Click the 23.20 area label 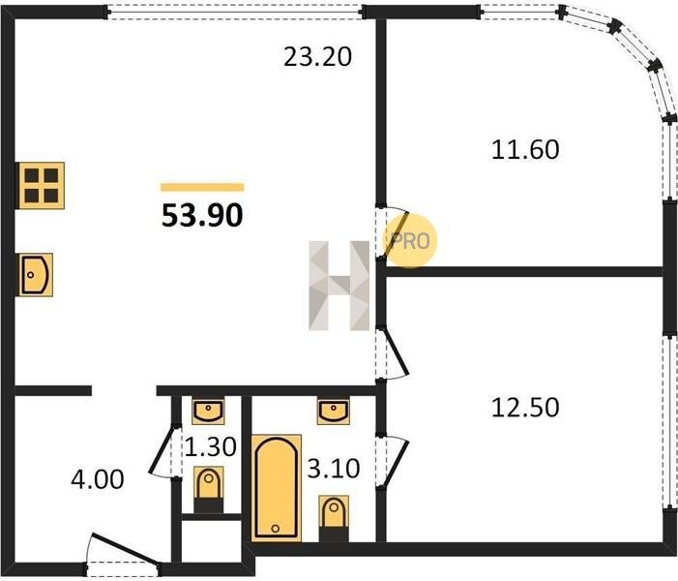coord(318,57)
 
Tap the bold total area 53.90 coord(202,216)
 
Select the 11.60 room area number coord(525,150)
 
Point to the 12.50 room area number coord(525,408)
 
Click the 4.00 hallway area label coord(98,479)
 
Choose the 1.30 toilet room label coord(211,446)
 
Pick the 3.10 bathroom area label coord(334,469)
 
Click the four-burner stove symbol coord(41,186)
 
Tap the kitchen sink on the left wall coord(36,275)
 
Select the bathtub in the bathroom coord(277,488)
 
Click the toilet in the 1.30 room coord(209,490)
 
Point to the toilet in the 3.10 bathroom coord(334,519)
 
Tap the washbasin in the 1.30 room coord(208,413)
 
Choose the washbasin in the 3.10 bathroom coord(334,413)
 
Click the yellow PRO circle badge coord(410,240)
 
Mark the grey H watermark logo coord(339,286)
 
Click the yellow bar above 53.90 coord(202,187)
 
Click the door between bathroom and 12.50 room coord(393,462)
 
